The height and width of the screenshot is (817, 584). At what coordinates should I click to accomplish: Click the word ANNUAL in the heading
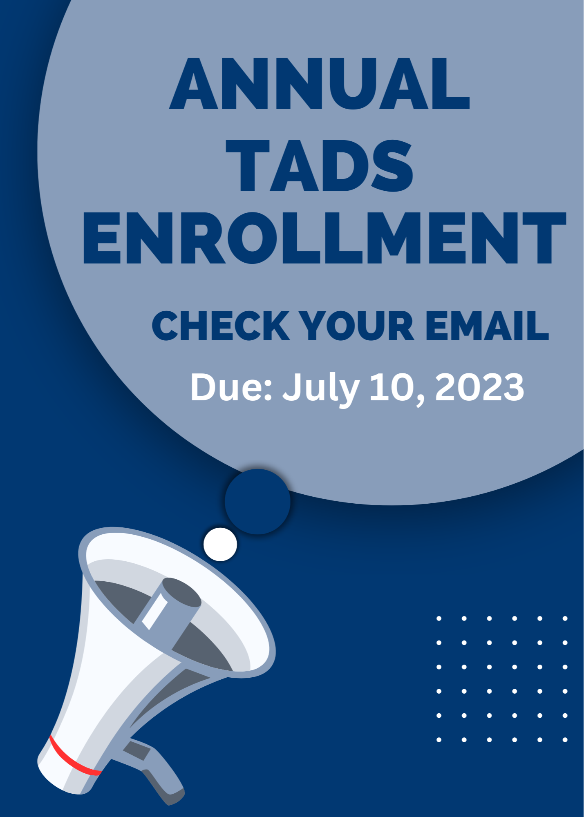pyautogui.click(x=320, y=84)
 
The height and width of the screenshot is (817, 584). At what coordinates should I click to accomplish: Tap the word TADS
pyautogui.click(x=320, y=165)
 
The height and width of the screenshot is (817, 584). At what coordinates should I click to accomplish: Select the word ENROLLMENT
pyautogui.click(x=325, y=238)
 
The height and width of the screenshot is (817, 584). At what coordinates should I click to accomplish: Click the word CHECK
pyautogui.click(x=221, y=326)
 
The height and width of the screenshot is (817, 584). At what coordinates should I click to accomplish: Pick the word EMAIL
pyautogui.click(x=487, y=326)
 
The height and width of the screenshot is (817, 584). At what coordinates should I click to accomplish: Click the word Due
pyautogui.click(x=231, y=387)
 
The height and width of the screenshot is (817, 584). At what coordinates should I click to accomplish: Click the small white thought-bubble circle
pyautogui.click(x=220, y=544)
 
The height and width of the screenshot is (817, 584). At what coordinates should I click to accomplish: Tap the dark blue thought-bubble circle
pyautogui.click(x=257, y=502)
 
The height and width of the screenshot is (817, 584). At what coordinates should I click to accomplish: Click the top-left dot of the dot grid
pyautogui.click(x=439, y=618)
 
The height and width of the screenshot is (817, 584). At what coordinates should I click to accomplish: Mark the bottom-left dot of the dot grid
pyautogui.click(x=439, y=740)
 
